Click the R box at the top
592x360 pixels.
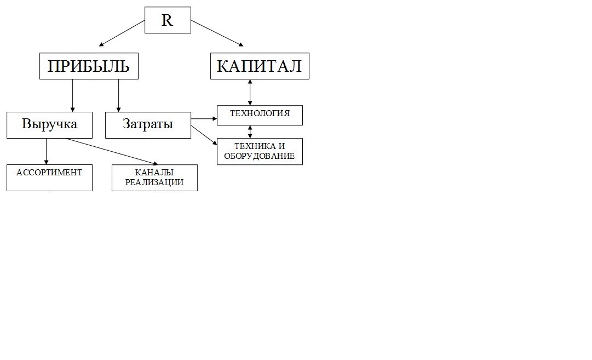tap(168, 20)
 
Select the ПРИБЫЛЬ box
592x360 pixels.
tap(89, 66)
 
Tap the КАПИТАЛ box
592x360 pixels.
tap(260, 66)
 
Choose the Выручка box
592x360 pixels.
tap(49, 124)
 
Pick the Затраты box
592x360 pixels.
tap(147, 124)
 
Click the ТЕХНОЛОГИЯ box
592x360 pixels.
tap(260, 115)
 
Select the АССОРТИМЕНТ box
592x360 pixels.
tap(49, 178)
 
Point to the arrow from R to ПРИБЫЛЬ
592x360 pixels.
tap(122, 32)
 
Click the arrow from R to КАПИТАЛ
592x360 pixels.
tap(216, 32)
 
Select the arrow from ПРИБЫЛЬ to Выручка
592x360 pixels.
tap(73, 96)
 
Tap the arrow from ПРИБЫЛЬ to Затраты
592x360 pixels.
tap(118, 96)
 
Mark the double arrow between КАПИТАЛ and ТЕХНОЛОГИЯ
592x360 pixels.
tap(250, 92)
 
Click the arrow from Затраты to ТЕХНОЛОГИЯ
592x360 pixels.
tap(204, 118)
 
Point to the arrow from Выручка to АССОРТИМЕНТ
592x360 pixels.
tap(46, 151)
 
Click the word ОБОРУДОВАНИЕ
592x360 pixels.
tap(260, 156)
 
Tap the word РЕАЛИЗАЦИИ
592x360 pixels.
tap(154, 182)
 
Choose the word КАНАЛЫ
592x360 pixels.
tap(154, 173)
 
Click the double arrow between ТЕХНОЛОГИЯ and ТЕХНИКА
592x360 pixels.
tap(250, 132)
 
